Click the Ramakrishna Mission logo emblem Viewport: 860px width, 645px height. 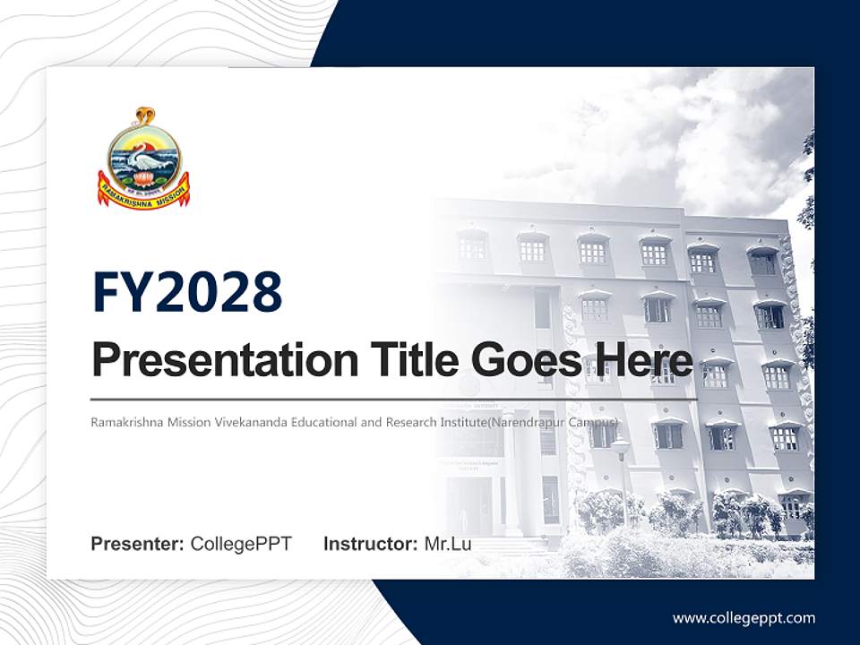(143, 159)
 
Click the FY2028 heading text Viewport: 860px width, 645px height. (187, 293)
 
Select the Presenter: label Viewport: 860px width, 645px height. (138, 544)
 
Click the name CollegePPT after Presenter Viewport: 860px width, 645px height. (241, 544)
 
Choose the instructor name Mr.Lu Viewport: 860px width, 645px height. (448, 544)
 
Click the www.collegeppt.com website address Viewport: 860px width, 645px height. (744, 617)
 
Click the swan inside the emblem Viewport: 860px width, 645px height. (142, 161)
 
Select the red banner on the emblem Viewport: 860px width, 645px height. (143, 191)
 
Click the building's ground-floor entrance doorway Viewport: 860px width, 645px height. (471, 502)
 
